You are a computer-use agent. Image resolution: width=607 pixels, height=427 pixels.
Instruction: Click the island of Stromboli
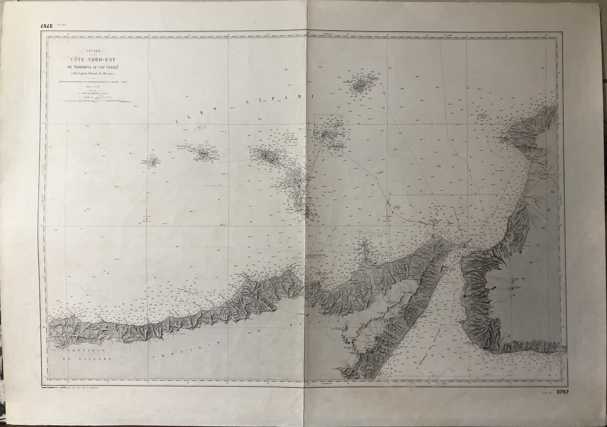tap(360, 85)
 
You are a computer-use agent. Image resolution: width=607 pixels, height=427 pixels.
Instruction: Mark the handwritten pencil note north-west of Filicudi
tap(201, 128)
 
